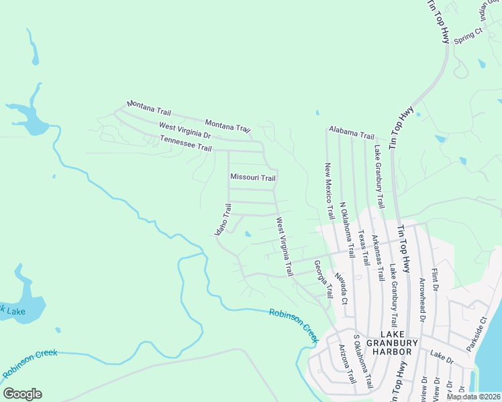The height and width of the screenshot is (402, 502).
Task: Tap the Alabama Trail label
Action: (x=351, y=132)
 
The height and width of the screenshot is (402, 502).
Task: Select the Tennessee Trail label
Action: (x=186, y=143)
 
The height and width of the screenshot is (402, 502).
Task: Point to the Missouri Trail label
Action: (x=253, y=178)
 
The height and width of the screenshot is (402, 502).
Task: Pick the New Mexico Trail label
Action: (x=329, y=191)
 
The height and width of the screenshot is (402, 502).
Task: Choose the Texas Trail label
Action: (x=364, y=249)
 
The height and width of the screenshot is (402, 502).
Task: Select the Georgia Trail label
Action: (x=323, y=279)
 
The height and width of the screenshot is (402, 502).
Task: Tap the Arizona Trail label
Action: (x=346, y=364)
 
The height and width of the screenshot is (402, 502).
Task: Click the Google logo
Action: (x=22, y=394)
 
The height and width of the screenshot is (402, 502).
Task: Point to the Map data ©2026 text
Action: (x=474, y=397)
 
